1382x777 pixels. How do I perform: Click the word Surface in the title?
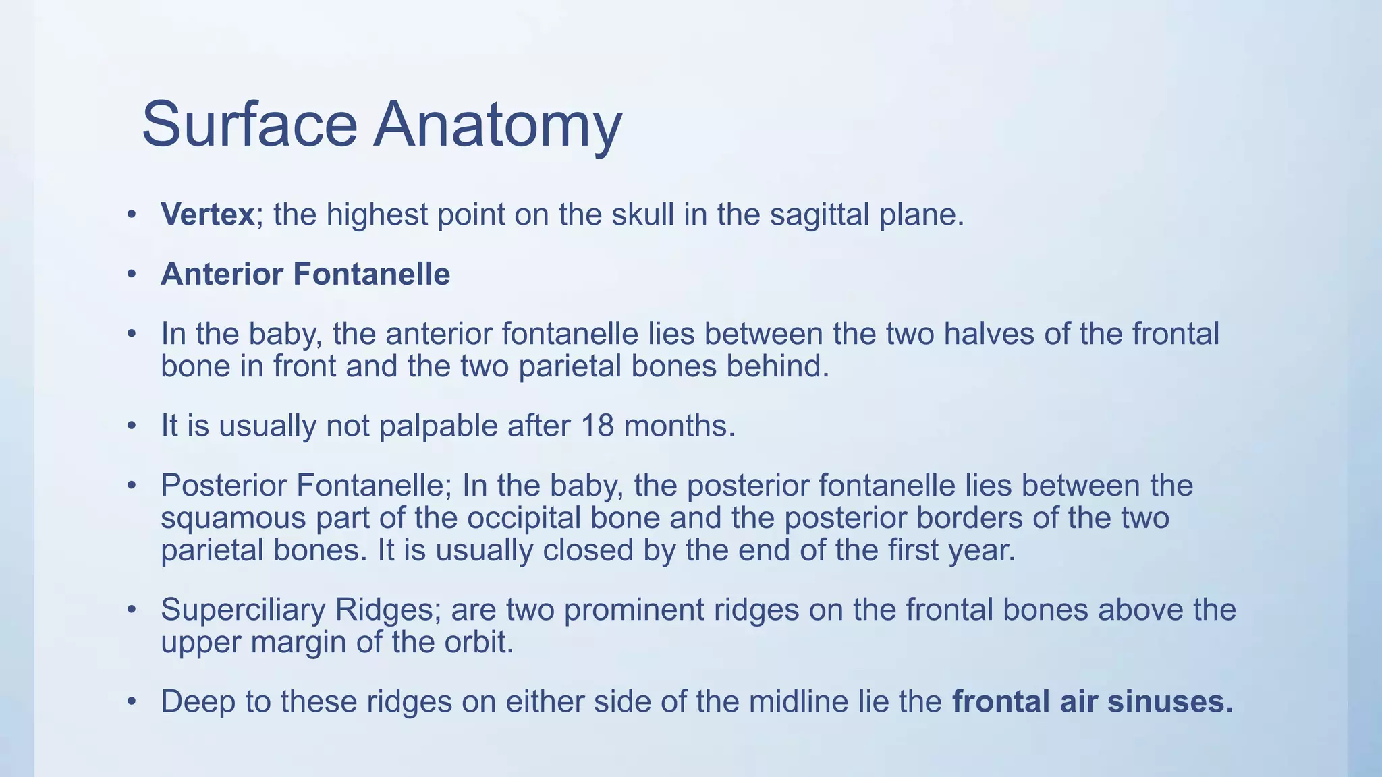point(249,125)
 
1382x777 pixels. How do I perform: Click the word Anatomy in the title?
point(497,126)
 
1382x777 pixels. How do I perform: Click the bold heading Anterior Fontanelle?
point(305,275)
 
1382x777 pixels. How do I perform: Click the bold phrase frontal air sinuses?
point(1092,701)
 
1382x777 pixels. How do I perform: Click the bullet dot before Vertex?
point(132,215)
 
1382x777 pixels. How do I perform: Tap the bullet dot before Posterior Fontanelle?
point(132,486)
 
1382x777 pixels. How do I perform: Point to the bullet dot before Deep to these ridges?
point(132,702)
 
